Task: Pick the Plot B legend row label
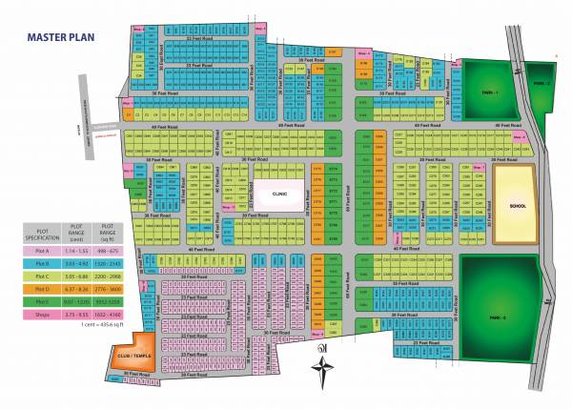pos(42,262)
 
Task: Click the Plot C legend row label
pos(42,276)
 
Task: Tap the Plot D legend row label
pos(42,288)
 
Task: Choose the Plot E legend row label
pos(42,301)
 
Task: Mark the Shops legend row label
pos(42,314)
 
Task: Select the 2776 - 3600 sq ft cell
pos(108,288)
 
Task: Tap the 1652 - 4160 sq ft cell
pos(108,314)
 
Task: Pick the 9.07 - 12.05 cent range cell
pos(76,301)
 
